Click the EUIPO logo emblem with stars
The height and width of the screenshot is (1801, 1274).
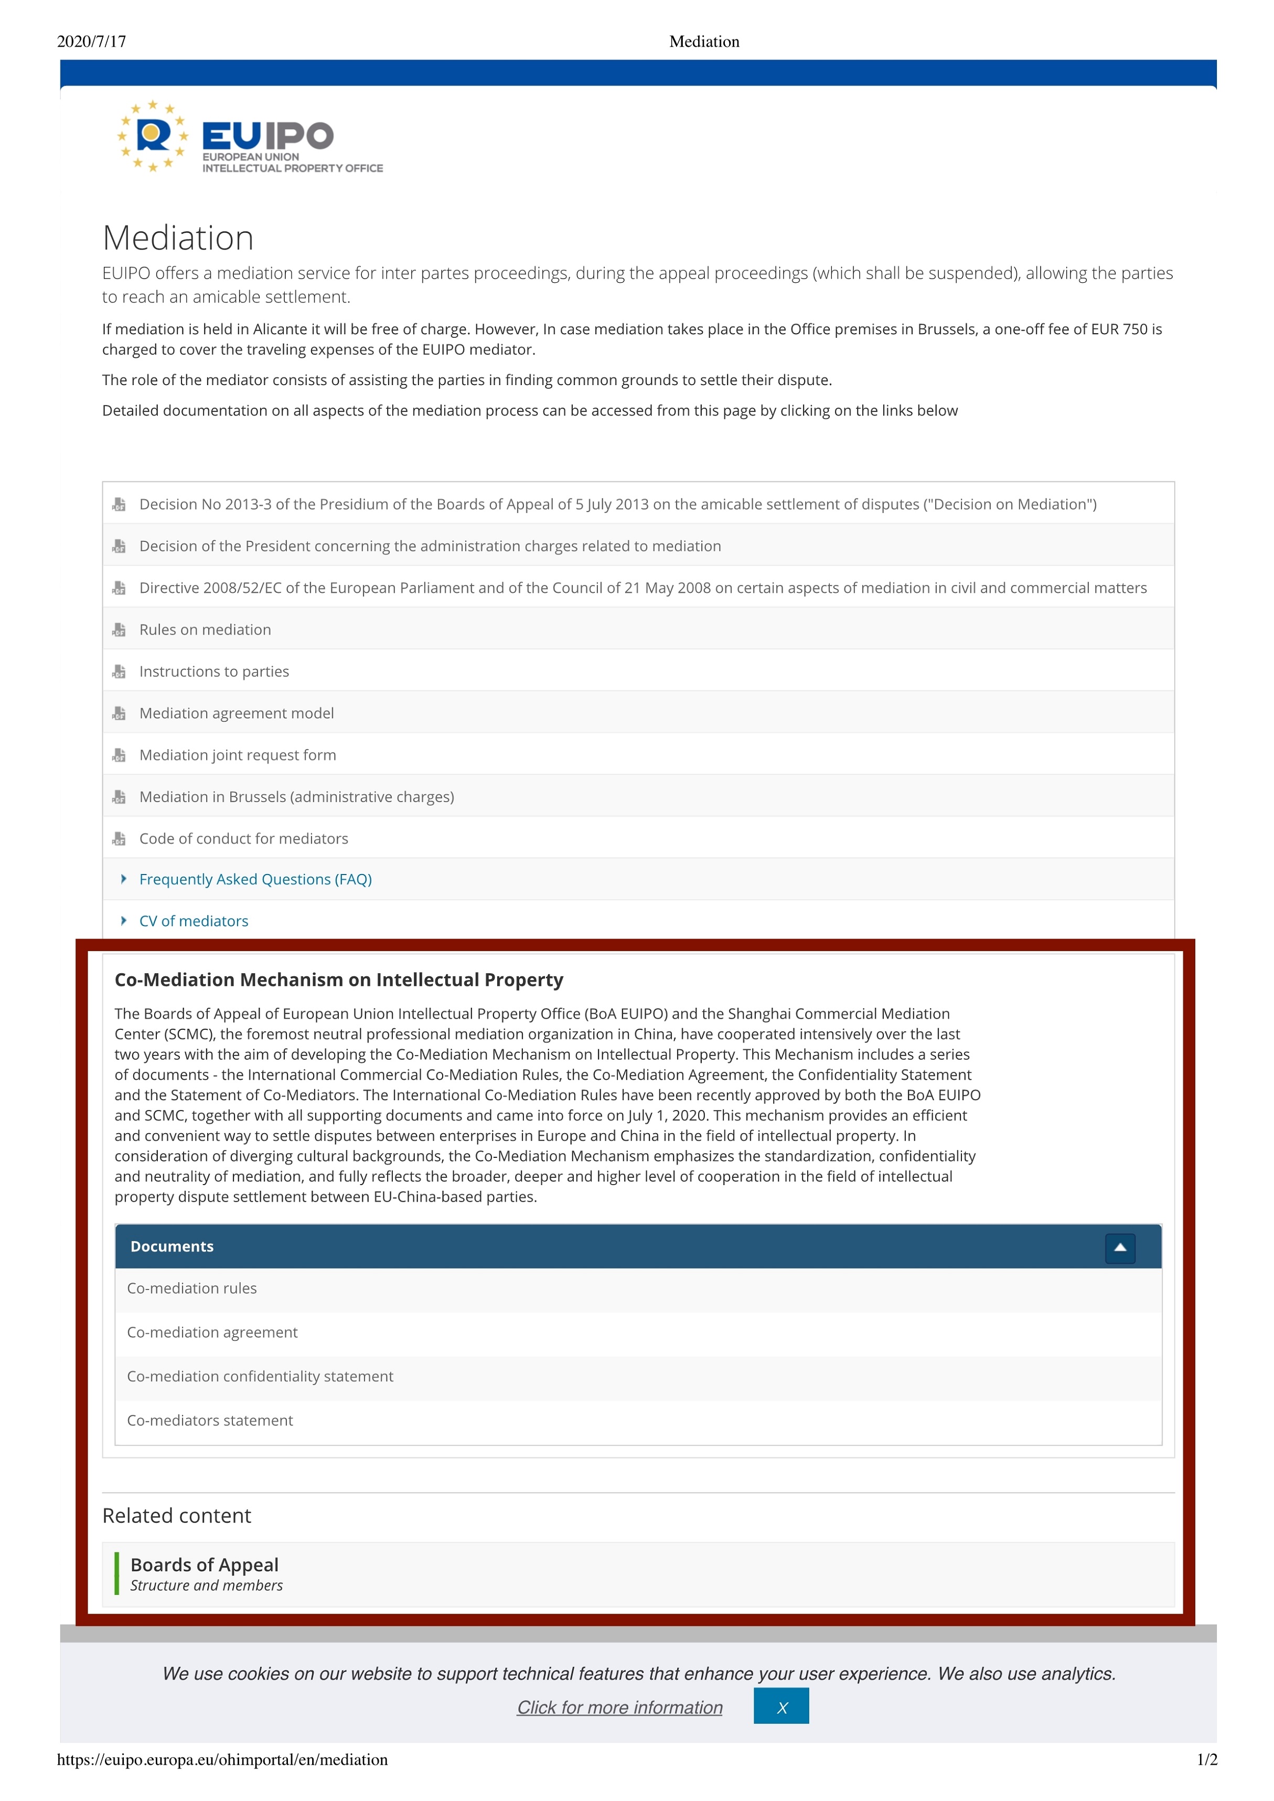(x=153, y=136)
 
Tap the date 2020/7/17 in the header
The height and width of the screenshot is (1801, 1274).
(x=92, y=41)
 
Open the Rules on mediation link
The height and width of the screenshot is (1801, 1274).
(x=205, y=630)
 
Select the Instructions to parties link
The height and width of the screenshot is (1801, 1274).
(x=214, y=671)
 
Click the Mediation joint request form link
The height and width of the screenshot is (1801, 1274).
(x=238, y=755)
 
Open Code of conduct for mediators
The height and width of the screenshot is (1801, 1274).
(x=243, y=838)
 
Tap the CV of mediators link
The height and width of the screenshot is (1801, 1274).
(x=194, y=921)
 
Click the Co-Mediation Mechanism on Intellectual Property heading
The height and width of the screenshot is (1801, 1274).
(x=339, y=979)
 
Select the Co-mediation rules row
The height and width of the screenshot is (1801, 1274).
(x=192, y=1288)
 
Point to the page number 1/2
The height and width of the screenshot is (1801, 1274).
(x=1206, y=1760)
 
